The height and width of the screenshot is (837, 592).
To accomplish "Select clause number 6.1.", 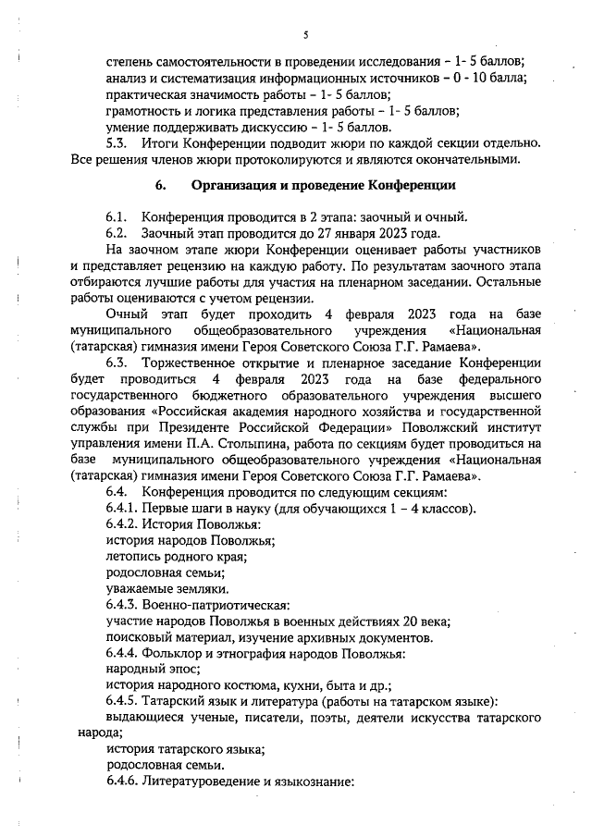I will pos(118,216).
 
